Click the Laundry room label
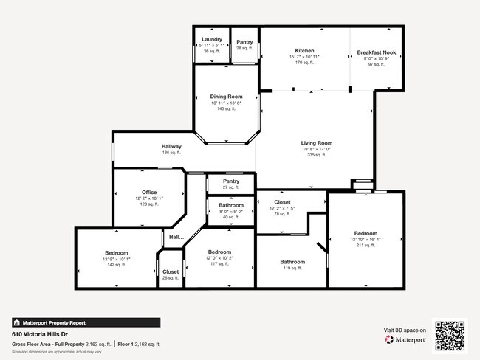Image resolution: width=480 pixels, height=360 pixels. coord(212,39)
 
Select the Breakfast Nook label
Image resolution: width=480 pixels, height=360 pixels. coord(377,52)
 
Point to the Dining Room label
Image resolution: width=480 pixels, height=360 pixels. coord(226,97)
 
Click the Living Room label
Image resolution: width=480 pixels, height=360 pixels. coord(316,143)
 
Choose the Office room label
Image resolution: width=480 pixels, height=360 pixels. coord(149,193)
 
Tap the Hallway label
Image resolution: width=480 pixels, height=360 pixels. coord(171,146)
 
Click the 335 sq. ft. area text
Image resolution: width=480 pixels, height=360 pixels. coord(316,156)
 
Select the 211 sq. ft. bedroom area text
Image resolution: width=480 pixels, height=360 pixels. coord(365,246)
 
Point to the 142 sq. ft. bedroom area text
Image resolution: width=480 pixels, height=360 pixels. coord(116,265)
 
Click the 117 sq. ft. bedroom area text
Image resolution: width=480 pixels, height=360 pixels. coord(220,264)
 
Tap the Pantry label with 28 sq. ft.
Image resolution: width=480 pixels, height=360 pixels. coord(244,42)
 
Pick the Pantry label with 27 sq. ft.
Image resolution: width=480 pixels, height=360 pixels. coord(231,181)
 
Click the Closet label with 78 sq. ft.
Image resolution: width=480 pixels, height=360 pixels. coord(282,202)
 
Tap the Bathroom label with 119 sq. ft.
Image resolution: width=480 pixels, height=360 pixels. coord(292,262)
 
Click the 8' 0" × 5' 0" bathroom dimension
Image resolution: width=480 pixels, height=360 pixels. coord(231,211)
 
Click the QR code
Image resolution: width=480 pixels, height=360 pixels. coord(450,334)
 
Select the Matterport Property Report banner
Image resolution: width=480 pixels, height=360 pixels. coord(86,322)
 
